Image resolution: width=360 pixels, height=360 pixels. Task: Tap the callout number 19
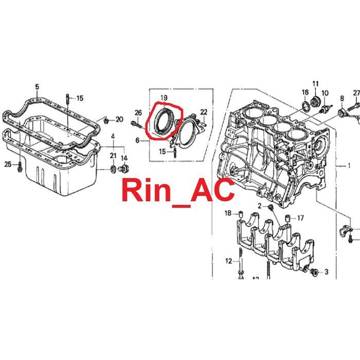tap(164, 98)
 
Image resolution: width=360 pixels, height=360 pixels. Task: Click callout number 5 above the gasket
tap(37, 87)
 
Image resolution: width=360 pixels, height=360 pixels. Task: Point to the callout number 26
tap(138, 113)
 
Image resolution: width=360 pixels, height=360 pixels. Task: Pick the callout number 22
tap(204, 112)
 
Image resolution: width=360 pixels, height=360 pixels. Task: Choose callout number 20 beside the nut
tap(119, 119)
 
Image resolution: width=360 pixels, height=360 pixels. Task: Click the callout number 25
tap(8, 164)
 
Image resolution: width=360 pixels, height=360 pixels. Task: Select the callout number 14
tap(124, 158)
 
